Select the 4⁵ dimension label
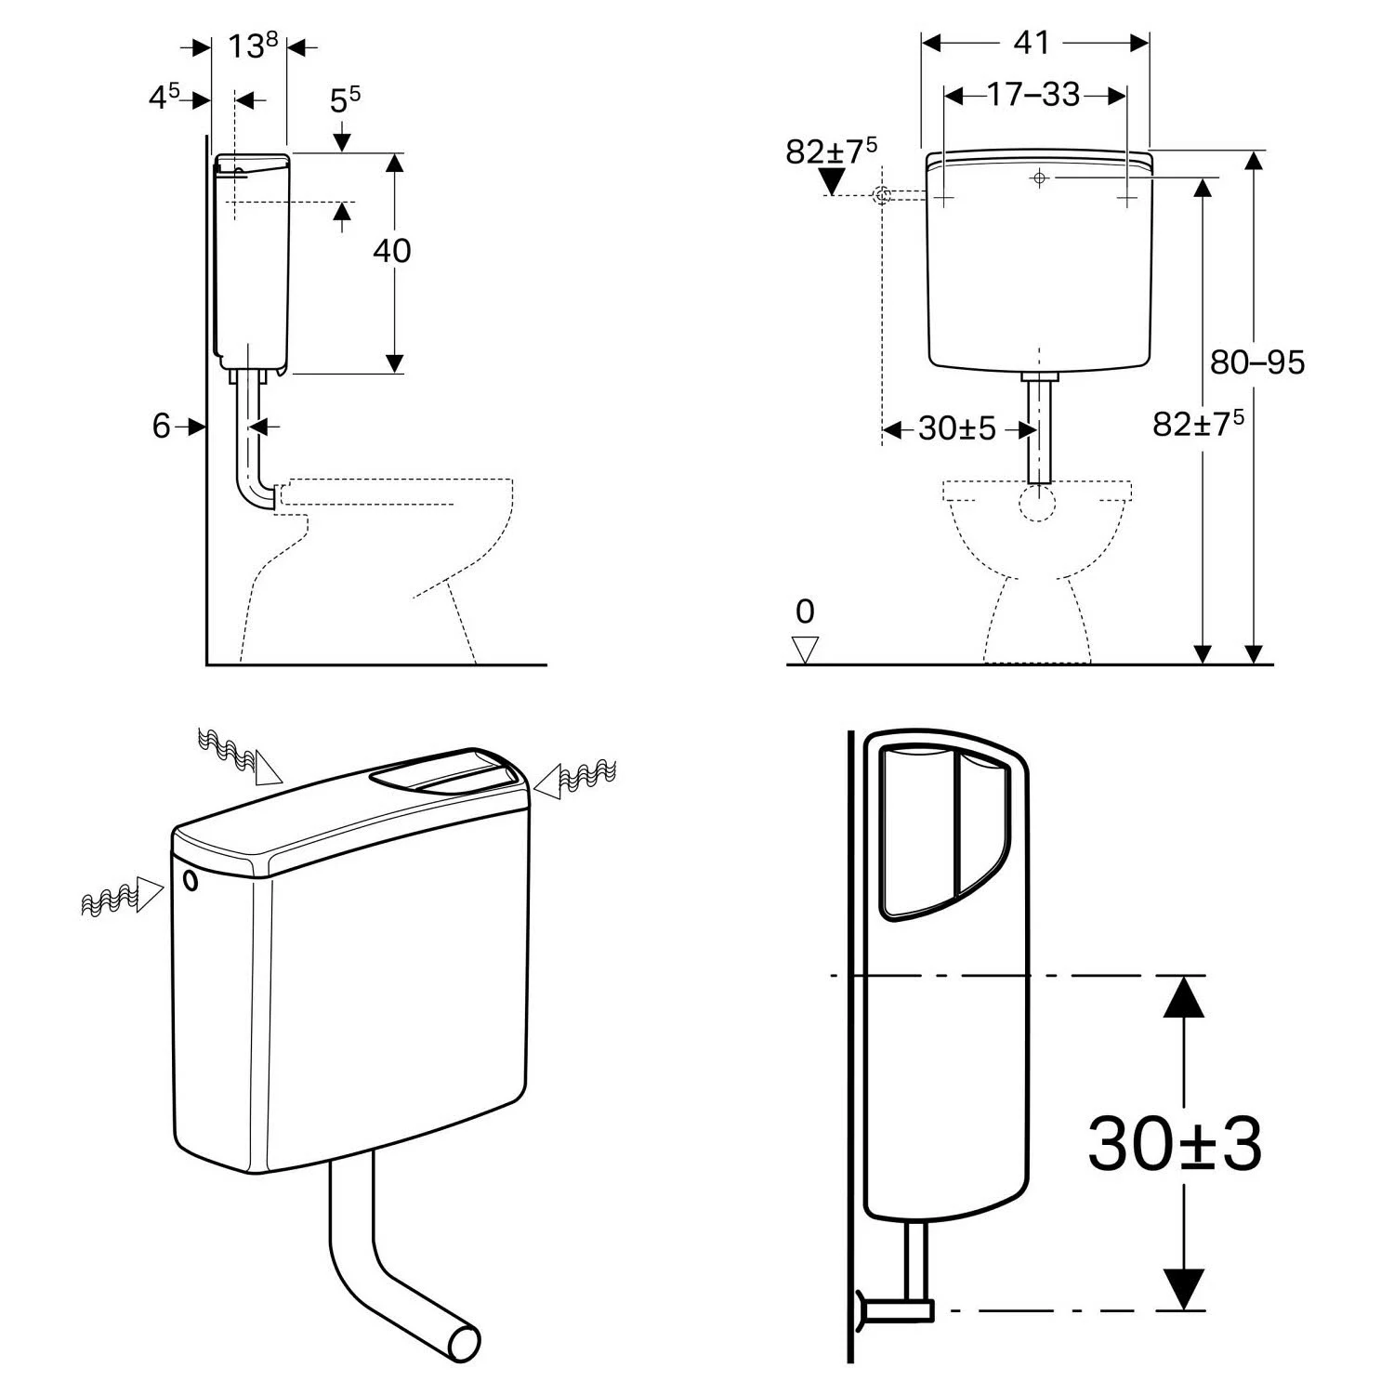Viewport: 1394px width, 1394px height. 164,97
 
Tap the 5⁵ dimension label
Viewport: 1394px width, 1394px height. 345,99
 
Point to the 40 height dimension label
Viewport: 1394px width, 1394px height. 391,251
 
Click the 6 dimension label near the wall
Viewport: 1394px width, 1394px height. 162,427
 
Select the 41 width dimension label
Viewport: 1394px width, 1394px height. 1032,43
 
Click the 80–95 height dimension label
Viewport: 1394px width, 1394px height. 1256,362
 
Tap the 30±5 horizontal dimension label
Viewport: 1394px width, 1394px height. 956,429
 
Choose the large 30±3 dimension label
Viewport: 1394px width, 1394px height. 1174,1144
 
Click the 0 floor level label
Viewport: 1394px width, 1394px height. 805,612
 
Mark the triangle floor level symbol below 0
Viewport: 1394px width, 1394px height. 805,649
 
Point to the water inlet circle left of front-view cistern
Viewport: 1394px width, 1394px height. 882,195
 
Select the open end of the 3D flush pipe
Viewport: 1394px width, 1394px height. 464,1343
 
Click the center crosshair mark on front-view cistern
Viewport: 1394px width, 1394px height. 1039,178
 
